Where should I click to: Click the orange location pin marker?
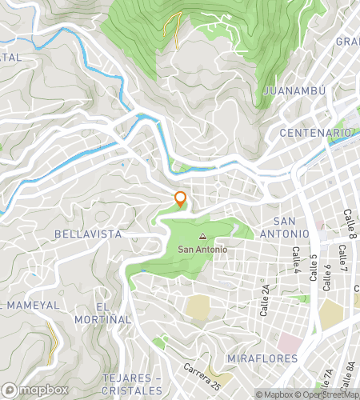click(x=181, y=200)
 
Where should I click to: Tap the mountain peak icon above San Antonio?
click(x=202, y=237)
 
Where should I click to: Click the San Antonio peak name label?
click(x=202, y=250)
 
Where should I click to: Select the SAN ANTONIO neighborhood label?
click(x=290, y=226)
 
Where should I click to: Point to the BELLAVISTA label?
click(x=88, y=234)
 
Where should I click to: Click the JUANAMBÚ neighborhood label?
click(x=294, y=91)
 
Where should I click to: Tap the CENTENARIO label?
click(x=316, y=132)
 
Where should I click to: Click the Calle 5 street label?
click(x=314, y=268)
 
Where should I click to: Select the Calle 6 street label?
click(x=327, y=276)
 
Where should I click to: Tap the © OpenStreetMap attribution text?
click(x=330, y=394)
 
